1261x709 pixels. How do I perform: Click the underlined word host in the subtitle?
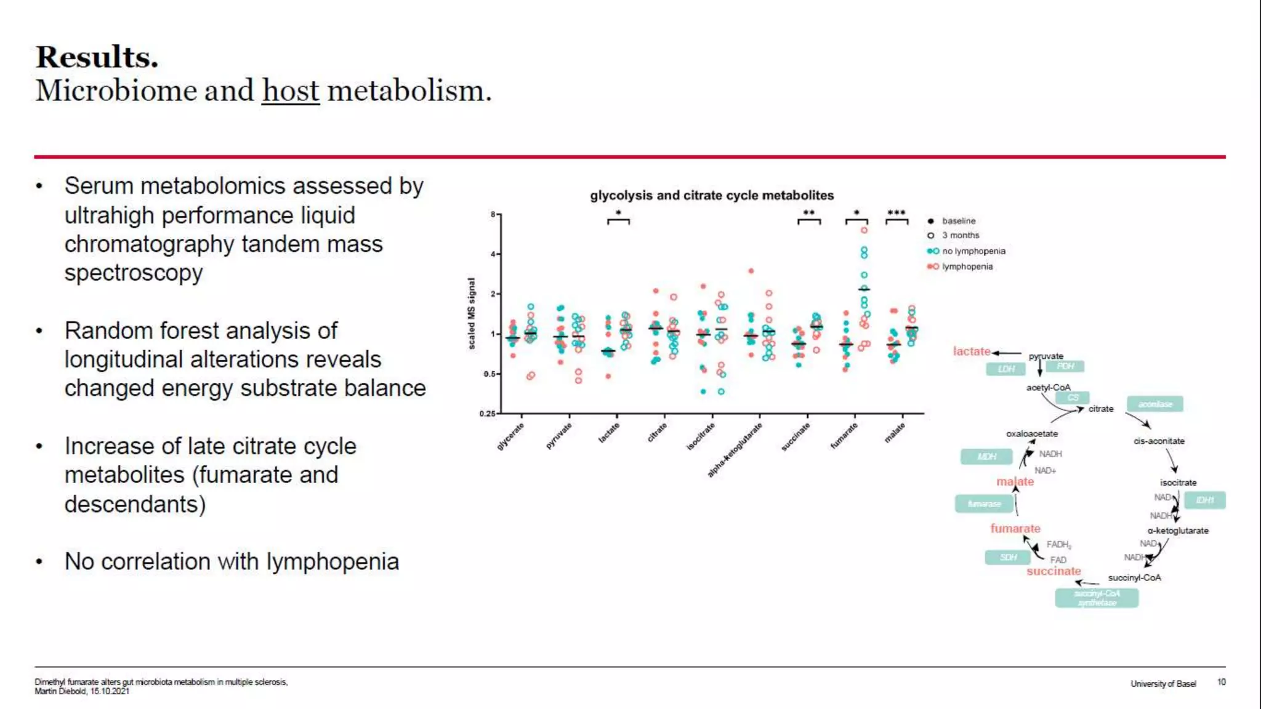(x=290, y=91)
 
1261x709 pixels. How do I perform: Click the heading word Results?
(x=97, y=57)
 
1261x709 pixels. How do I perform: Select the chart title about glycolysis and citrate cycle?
(x=711, y=195)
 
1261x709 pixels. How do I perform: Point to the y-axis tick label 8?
(x=493, y=214)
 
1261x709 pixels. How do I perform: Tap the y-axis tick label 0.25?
(x=487, y=414)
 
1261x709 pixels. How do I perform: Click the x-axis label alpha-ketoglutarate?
(x=735, y=450)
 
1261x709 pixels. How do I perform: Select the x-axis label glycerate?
(x=511, y=436)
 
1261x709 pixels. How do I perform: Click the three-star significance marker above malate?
(x=896, y=213)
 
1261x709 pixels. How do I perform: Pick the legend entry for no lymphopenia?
(x=973, y=251)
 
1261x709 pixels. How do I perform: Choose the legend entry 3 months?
(x=960, y=235)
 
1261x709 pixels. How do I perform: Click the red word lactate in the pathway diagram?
(x=971, y=351)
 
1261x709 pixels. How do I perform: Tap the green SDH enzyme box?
(x=1008, y=558)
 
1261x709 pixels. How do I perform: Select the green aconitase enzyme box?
(x=1154, y=404)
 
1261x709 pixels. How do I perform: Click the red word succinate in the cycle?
(x=1054, y=571)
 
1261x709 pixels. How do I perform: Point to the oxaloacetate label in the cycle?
(x=1031, y=434)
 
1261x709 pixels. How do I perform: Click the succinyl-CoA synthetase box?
(x=1097, y=598)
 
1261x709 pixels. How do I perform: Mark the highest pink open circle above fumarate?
(x=864, y=230)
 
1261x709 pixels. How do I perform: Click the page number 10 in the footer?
(x=1221, y=682)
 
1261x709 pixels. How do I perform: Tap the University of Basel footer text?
(x=1162, y=684)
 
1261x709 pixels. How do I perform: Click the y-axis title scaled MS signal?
(x=472, y=313)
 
